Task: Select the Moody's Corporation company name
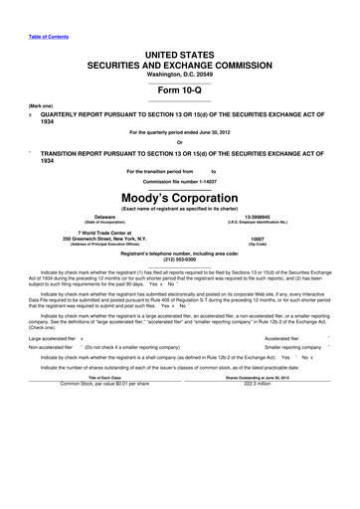click(179, 199)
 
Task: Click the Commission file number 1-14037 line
click(179, 182)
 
